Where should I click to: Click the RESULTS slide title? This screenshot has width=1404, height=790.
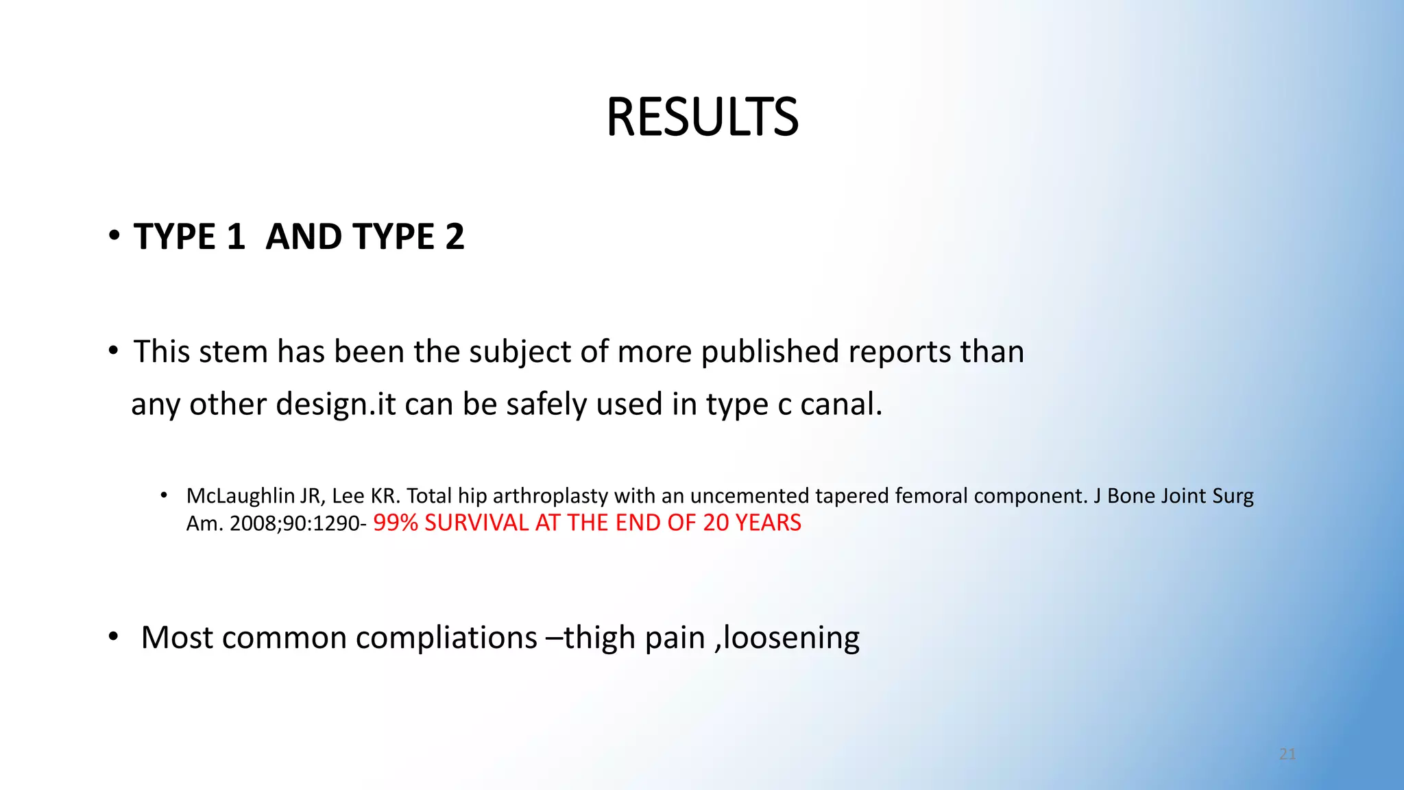coord(702,117)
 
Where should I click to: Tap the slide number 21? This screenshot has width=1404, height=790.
coord(1287,754)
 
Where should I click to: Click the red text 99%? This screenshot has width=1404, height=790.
coord(396,523)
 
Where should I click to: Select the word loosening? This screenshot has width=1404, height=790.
coord(791,638)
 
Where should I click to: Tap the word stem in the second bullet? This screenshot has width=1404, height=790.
coord(238,352)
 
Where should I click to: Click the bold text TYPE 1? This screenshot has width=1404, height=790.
coord(189,237)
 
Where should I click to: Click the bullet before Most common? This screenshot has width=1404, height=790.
coord(113,638)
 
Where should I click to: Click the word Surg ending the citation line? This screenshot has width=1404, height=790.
coord(1233,496)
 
